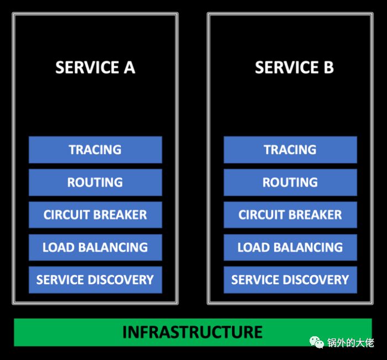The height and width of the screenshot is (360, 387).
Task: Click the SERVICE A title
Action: pos(95,67)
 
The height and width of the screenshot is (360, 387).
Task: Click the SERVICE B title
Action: pos(294,67)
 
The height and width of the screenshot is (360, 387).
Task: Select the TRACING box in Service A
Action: pos(95,150)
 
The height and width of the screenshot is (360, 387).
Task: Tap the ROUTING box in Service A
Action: pos(95,182)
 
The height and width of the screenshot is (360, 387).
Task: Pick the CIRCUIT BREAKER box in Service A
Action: pos(95,215)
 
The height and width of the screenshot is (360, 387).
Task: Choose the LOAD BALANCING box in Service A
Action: pos(95,247)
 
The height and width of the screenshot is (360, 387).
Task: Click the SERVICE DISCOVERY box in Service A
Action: pos(95,279)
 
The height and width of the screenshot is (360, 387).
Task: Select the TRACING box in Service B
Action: pos(290,150)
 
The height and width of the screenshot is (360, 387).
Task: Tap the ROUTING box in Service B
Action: pos(290,182)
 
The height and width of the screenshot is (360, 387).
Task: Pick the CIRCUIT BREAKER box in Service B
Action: pos(290,215)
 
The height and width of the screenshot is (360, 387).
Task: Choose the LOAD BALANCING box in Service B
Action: pos(290,247)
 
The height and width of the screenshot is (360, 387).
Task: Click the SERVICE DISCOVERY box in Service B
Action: pos(290,279)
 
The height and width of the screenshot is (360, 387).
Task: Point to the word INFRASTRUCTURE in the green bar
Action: pos(192,332)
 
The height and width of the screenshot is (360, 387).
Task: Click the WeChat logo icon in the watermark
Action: pos(317,343)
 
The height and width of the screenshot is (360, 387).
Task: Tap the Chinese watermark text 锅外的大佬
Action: pos(350,343)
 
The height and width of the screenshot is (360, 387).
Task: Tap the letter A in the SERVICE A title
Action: pos(129,67)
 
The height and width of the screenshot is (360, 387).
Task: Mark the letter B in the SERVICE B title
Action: pos(328,67)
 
